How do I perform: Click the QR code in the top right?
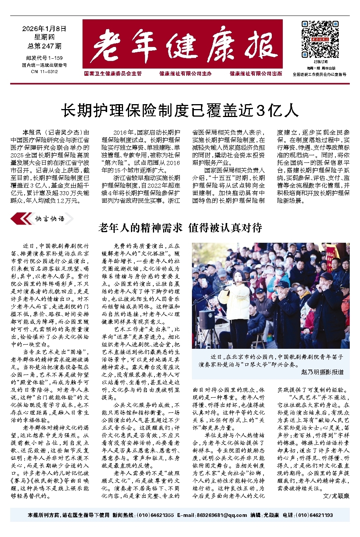click(x=320, y=39)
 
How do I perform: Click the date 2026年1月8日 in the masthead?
click(x=44, y=29)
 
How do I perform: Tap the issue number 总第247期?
click(x=44, y=46)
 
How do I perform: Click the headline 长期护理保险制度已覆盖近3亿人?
click(x=180, y=111)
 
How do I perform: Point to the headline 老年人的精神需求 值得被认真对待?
click(x=180, y=228)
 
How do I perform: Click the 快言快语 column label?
click(x=50, y=219)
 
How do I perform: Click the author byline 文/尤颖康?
click(x=336, y=496)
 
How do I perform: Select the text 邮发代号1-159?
click(x=44, y=58)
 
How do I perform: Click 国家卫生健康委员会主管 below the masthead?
click(x=113, y=74)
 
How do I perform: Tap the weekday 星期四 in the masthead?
click(x=44, y=37)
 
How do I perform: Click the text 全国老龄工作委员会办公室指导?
click(x=320, y=75)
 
